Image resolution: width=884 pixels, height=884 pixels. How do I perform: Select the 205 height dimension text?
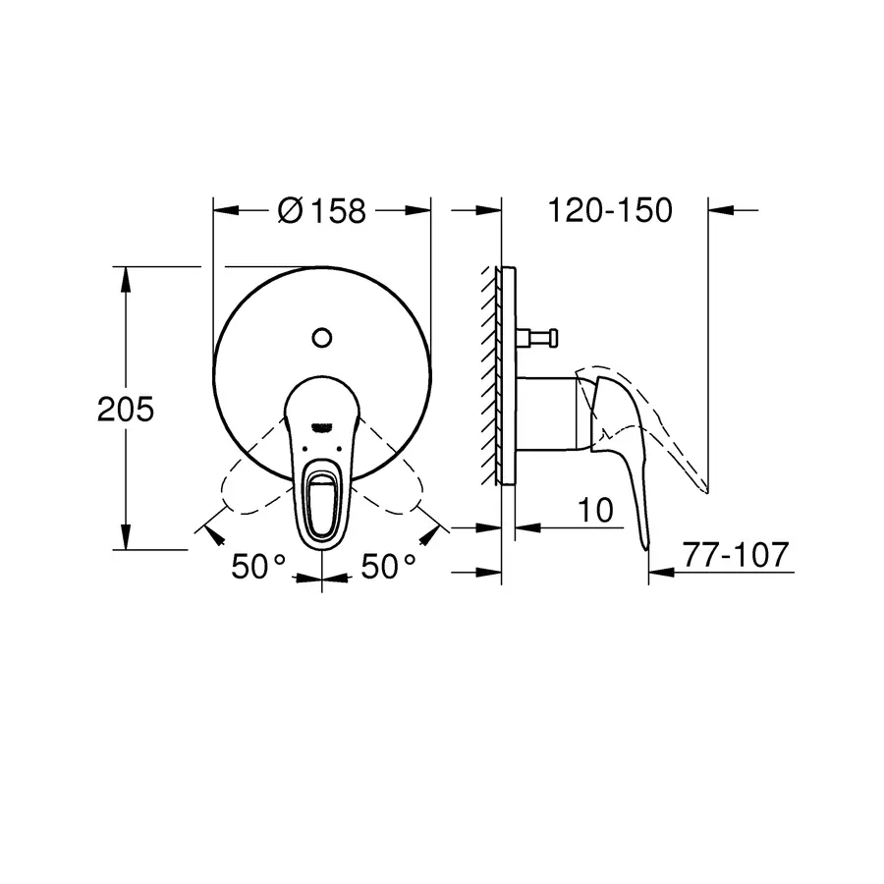click(125, 410)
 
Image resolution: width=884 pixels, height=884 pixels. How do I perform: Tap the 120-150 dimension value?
click(611, 210)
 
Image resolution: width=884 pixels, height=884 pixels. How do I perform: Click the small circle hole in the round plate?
click(321, 338)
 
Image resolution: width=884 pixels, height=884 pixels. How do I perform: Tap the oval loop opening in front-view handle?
click(322, 500)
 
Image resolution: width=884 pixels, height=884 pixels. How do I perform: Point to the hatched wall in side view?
click(491, 373)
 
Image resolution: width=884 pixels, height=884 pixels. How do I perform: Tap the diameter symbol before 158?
click(289, 211)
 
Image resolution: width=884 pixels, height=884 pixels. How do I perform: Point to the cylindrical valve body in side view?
click(545, 413)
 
